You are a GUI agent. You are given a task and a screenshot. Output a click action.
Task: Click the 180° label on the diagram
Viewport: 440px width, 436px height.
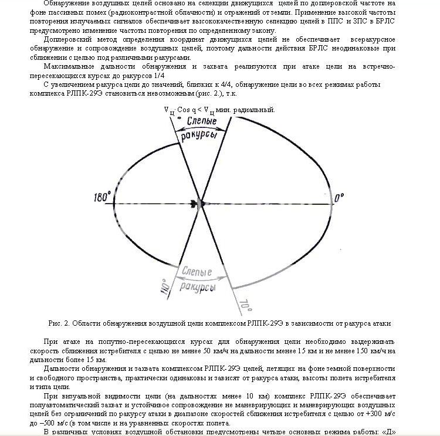[101, 198]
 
